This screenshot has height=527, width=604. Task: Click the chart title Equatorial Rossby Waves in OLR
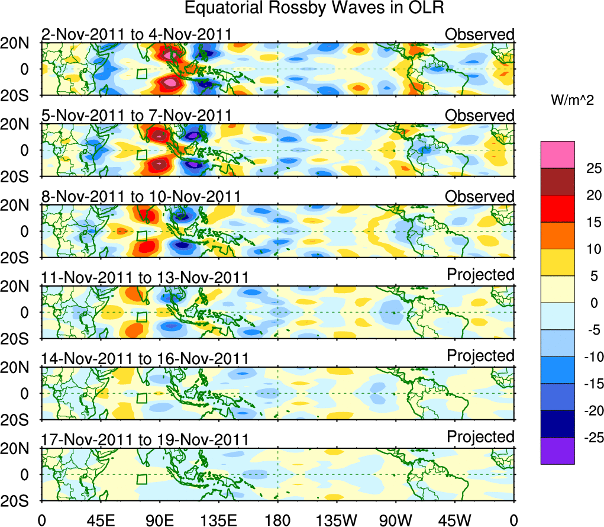coord(314,9)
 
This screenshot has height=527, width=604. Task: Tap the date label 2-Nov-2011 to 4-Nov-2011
coord(136,35)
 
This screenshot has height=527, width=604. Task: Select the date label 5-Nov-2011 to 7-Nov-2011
coord(136,115)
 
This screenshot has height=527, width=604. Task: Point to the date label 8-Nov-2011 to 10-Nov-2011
coord(141,197)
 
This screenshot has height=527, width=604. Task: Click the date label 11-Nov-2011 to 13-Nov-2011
coord(145,278)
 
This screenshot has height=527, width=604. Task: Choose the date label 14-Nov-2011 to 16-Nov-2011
coord(145,359)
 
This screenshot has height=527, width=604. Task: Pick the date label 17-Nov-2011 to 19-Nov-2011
coord(145,440)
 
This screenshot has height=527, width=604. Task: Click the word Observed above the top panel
coord(480,34)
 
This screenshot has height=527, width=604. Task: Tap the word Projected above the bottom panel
coord(480,437)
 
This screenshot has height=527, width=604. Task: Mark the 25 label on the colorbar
coord(587,168)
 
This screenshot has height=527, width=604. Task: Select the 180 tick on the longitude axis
coord(277,520)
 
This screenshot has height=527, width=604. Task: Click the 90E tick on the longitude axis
coord(159,520)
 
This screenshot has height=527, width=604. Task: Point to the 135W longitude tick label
coord(337,520)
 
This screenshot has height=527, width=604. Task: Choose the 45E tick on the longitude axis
coord(100,520)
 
